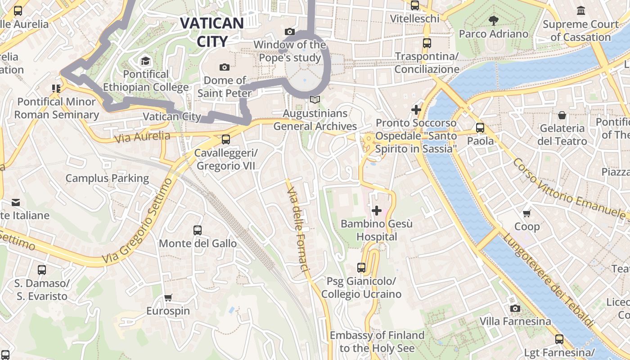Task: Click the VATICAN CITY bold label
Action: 212,32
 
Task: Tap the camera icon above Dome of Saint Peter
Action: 224,67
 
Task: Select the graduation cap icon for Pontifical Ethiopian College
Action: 145,61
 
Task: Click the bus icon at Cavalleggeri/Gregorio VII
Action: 226,139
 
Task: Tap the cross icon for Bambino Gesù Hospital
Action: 377,210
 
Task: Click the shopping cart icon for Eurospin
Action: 168,297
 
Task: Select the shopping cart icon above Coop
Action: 526,213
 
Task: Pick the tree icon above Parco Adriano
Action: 494,20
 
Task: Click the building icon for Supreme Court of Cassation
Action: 580,10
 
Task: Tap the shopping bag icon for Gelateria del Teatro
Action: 562,115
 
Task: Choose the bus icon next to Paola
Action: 480,127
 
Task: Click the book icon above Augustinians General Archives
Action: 315,100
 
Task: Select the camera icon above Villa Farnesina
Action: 515,308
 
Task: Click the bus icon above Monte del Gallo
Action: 198,230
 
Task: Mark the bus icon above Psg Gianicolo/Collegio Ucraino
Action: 361,268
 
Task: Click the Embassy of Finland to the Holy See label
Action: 377,342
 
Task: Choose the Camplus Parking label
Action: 107,178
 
